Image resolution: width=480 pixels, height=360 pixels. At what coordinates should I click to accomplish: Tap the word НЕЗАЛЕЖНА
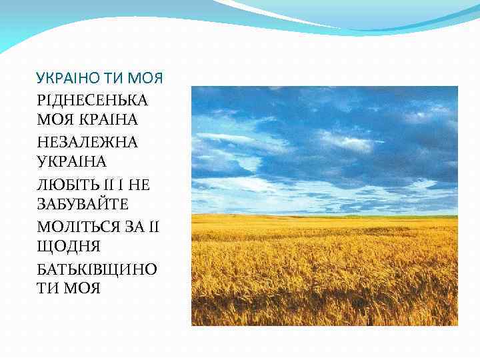point(87,142)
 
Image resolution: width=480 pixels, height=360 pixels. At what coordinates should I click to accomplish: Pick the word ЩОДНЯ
point(69,247)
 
